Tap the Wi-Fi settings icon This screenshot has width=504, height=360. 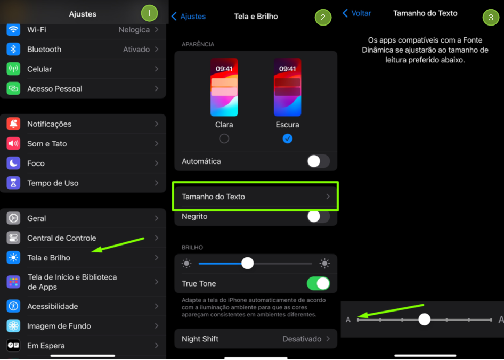tap(13, 30)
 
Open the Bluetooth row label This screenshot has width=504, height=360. tap(44, 50)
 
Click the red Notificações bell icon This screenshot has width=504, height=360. tap(13, 124)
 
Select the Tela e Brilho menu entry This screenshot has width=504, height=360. tap(48, 258)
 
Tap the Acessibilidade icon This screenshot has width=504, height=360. tap(13, 306)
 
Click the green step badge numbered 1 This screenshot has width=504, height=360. tap(149, 13)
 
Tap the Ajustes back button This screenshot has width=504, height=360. tap(189, 17)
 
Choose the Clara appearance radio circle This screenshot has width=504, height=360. tap(224, 138)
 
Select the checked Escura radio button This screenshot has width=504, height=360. tap(288, 138)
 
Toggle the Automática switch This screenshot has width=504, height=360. tap(318, 161)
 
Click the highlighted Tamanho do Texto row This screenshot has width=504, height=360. tap(256, 197)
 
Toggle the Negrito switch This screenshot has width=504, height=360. tap(318, 217)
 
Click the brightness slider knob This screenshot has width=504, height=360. tap(247, 263)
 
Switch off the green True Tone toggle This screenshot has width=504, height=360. tap(318, 283)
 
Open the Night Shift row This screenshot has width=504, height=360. tap(256, 339)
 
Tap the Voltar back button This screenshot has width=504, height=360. tap(357, 13)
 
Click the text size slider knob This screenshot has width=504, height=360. tap(424, 320)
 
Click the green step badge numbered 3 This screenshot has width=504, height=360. tap(491, 18)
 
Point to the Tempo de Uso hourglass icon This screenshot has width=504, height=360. tap(13, 183)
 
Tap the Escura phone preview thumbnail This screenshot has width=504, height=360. tap(288, 87)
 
